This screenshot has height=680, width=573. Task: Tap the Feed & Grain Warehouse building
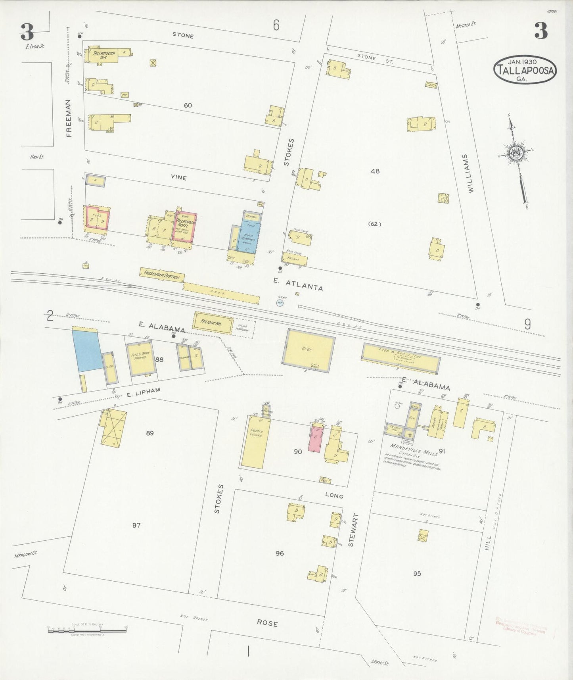click(x=139, y=358)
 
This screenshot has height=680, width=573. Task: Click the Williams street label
click(x=470, y=173)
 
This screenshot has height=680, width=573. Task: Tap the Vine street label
click(x=179, y=177)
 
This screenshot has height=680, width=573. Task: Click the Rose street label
click(x=267, y=623)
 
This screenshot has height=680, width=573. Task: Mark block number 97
click(x=136, y=525)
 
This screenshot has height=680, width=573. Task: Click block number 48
click(x=375, y=171)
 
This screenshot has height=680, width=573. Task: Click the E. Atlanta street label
click(x=298, y=285)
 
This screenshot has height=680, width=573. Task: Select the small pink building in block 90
click(x=316, y=438)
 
